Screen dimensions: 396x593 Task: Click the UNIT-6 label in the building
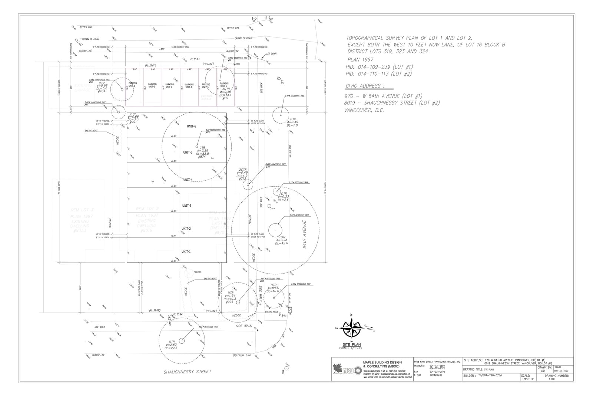point(191,127)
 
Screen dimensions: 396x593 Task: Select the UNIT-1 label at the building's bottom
point(186,252)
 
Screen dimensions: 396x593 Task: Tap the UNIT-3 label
point(187,206)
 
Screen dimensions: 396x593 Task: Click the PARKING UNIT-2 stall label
point(152,85)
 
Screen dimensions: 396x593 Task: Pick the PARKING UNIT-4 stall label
point(189,86)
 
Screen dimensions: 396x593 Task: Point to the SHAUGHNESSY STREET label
point(188,372)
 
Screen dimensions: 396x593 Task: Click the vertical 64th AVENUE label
point(305,234)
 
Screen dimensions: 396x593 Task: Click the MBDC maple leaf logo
point(338,369)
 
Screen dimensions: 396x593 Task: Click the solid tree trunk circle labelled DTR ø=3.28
point(275,230)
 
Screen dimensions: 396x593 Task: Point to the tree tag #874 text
point(202,157)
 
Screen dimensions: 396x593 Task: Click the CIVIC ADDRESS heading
point(364,86)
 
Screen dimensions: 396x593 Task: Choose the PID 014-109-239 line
point(379,67)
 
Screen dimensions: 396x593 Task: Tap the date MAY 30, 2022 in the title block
point(561,371)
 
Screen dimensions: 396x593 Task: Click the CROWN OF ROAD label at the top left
point(90,39)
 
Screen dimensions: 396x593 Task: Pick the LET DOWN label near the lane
point(271,54)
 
